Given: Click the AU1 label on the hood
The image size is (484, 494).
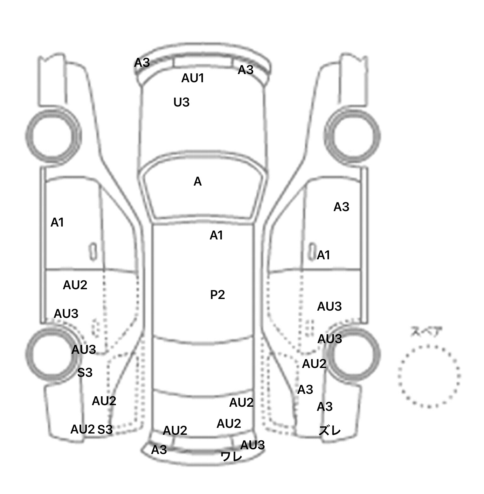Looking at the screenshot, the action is [x=193, y=78].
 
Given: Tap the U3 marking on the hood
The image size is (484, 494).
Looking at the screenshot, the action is [x=181, y=102].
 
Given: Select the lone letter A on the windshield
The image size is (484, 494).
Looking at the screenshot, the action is [x=198, y=181].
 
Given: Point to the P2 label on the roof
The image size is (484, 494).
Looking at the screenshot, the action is [x=217, y=295].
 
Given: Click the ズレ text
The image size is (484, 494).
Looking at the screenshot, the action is [x=330, y=430].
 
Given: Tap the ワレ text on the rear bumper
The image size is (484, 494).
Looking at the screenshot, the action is [x=232, y=456].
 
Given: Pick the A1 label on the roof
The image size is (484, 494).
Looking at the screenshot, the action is [x=216, y=235].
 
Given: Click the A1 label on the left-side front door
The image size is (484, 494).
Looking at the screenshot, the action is [x=57, y=222].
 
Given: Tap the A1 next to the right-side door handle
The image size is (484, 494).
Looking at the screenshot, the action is [x=323, y=255].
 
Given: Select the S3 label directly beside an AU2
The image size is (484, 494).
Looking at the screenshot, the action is [x=105, y=429].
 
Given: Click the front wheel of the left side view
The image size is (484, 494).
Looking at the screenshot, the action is [x=53, y=136].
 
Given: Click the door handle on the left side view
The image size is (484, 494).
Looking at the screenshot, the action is [x=93, y=251].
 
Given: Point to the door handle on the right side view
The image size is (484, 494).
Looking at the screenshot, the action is [x=312, y=251].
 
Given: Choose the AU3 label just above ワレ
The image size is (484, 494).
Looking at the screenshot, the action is [x=252, y=445].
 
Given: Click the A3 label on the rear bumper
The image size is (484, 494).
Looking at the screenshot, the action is [x=159, y=450].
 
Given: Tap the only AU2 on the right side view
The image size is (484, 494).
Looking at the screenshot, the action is [x=314, y=364].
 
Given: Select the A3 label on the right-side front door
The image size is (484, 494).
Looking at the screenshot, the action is [x=341, y=207].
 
